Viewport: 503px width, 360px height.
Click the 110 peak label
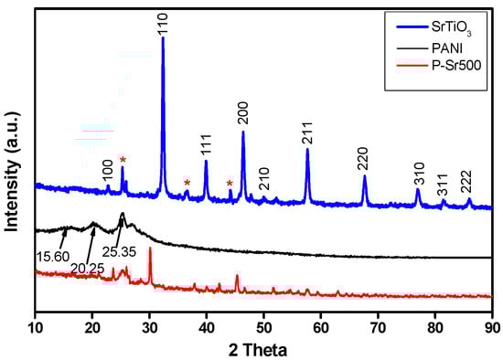coord(163,22)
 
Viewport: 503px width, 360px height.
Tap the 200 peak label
coord(242,113)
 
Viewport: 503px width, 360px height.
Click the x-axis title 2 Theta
coord(263,348)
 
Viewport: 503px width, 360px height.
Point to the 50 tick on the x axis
coord(264,325)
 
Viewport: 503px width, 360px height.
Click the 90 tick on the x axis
coord(493,325)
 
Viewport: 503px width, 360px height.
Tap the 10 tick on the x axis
coord(35,325)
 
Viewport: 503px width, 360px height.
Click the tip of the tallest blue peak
coord(163,38)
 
